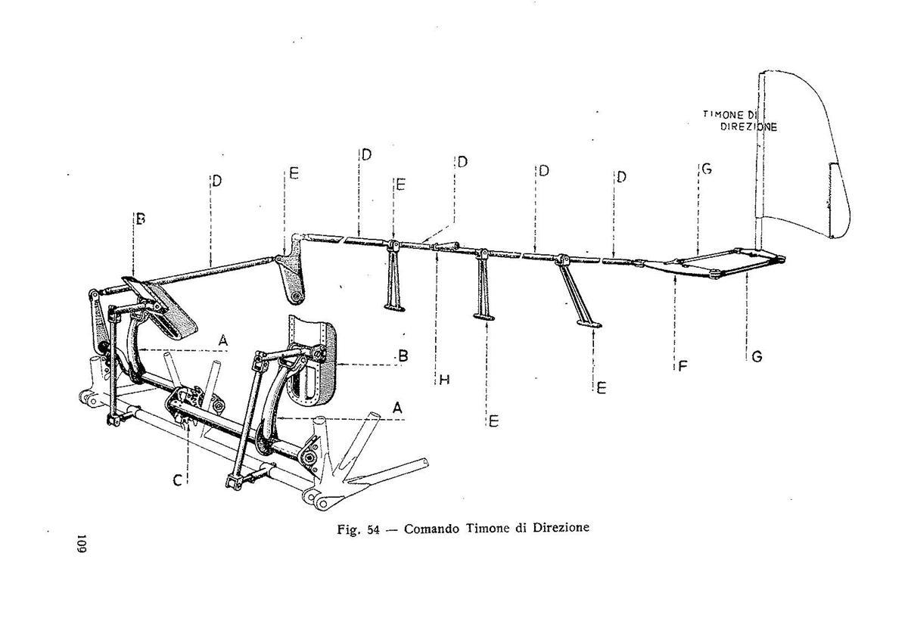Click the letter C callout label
[x=178, y=480]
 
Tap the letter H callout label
[x=445, y=380]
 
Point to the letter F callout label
[x=683, y=366]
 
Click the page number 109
[x=82, y=544]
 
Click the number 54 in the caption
[x=373, y=529]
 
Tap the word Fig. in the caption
[x=349, y=529]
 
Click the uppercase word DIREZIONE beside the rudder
[x=748, y=127]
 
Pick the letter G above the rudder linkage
[x=707, y=169]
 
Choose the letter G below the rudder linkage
[x=757, y=357]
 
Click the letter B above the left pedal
[x=141, y=219]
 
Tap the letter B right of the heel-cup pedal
[x=403, y=355]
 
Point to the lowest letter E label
[x=493, y=421]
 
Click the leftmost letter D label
[x=217, y=181]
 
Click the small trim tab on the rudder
[x=832, y=200]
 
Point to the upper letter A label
[x=223, y=340]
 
